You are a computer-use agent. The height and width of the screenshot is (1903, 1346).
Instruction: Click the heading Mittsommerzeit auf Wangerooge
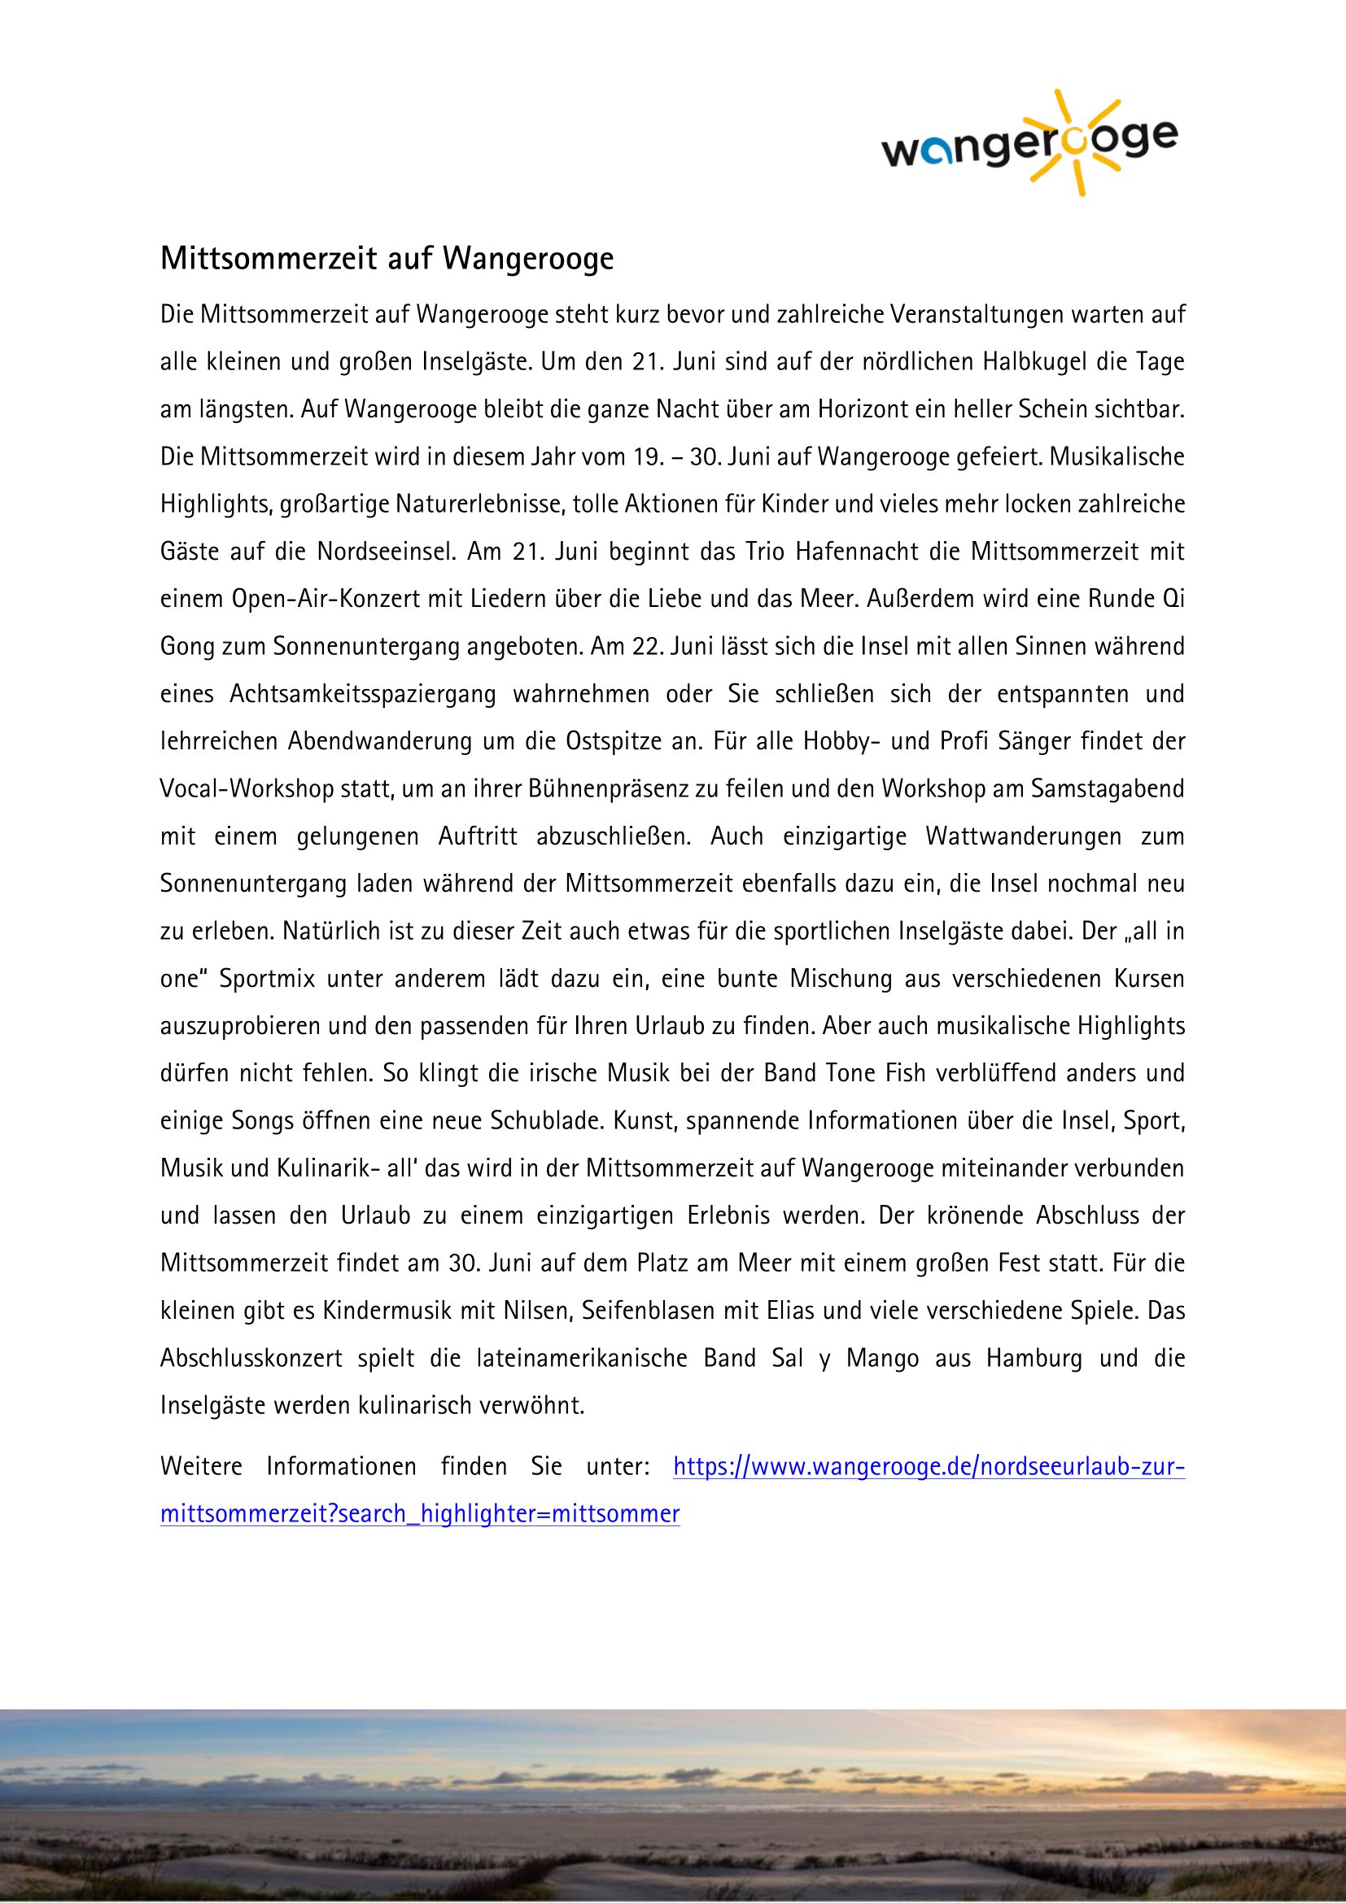(387, 260)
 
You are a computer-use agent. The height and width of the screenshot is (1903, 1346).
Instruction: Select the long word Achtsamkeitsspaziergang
(362, 694)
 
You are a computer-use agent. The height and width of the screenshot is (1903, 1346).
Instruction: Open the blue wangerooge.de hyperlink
(929, 1466)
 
